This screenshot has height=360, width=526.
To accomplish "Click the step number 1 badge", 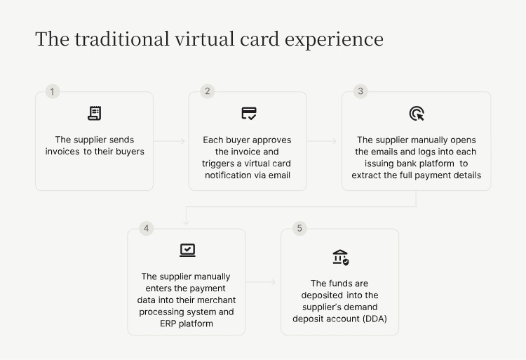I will [52, 91].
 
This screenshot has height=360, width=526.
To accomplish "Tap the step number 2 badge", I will [206, 91].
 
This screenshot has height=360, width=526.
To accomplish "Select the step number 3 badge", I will [360, 91].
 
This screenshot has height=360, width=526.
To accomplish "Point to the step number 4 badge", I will [146, 228].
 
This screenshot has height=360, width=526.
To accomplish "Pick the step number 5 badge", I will [299, 228].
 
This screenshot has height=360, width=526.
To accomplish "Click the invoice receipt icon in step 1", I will [94, 113].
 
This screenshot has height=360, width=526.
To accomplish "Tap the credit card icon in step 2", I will [248, 113].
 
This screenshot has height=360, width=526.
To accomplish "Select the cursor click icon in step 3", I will [416, 114].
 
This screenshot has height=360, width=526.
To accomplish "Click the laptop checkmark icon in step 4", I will [187, 251].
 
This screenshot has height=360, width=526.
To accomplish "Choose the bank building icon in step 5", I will [340, 257].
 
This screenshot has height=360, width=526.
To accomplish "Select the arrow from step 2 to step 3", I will [323, 141].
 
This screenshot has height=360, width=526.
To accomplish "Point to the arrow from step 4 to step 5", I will [262, 282].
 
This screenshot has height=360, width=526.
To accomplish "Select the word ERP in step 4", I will [168, 324].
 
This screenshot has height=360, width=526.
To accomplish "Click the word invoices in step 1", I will [62, 152].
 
